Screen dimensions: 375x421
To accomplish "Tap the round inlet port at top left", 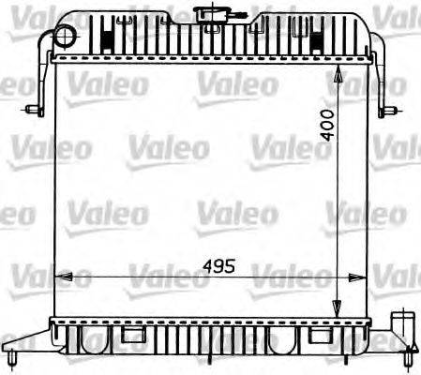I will (64, 36).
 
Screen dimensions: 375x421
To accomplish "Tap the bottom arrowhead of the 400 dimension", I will (338, 315).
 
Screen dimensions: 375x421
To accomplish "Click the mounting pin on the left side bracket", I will (35, 110).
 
